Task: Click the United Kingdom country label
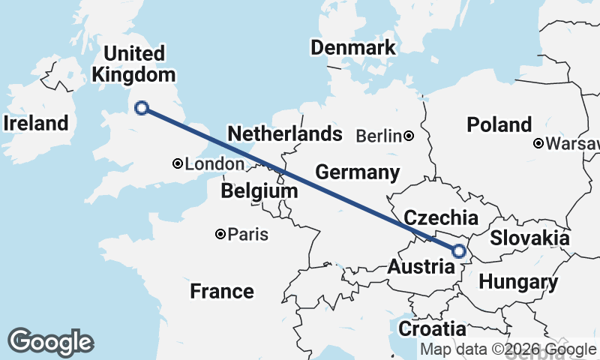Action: point(133,64)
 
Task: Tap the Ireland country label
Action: point(35,123)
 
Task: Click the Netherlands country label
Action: point(285,134)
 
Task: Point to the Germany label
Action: point(357,172)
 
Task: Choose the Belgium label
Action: point(259,192)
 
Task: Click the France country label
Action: point(222,291)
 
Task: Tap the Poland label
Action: point(499,124)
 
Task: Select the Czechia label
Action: point(441,218)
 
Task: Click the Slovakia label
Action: point(529,238)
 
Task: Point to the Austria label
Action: point(420,267)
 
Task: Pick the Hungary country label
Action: point(518,283)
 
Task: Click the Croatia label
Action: point(431,328)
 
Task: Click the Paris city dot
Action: point(220,235)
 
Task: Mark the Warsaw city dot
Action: point(538,143)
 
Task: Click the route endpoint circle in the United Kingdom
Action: point(141,108)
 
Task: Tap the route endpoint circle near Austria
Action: point(459,252)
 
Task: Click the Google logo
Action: point(50,342)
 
